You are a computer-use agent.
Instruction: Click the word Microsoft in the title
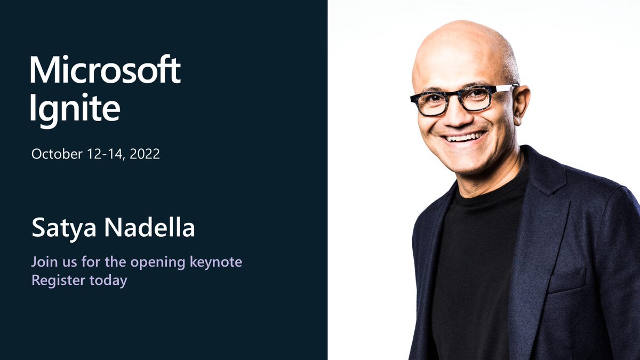tap(105, 69)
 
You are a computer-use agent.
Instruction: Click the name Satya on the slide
tap(63, 228)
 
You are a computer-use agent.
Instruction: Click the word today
tap(108, 281)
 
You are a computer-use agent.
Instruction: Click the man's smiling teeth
tap(463, 137)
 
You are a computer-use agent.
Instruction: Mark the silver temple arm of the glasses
tap(504, 87)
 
